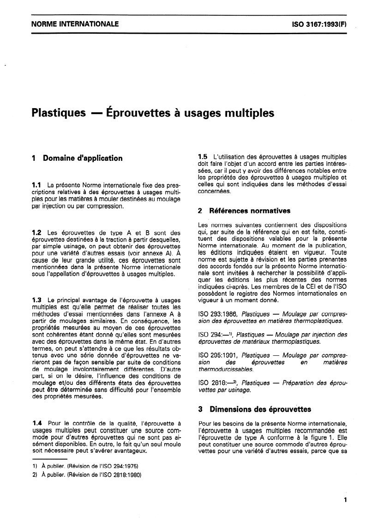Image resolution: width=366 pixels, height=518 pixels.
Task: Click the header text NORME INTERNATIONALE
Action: pos(75,24)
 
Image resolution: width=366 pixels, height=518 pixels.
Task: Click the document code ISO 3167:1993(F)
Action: pos(319,24)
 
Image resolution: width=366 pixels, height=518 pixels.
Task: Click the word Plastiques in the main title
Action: pos(58,113)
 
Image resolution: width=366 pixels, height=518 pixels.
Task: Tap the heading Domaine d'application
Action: pos(83,158)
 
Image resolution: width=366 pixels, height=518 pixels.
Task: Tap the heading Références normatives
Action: pos(250,211)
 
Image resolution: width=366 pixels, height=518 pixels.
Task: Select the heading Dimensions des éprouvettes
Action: pos(260,409)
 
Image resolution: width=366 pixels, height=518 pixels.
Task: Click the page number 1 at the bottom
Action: pos(345,500)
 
